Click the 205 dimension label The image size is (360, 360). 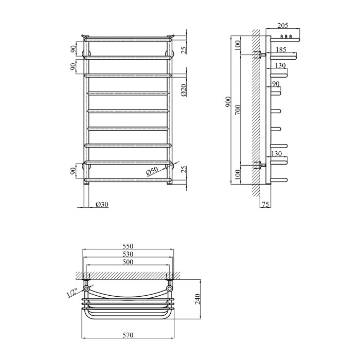click(283, 25)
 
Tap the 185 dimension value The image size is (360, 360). click(281, 49)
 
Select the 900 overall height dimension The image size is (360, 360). click(228, 102)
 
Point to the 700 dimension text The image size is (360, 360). click(238, 110)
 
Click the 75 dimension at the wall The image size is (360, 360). click(265, 204)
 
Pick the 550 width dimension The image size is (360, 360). click(128, 246)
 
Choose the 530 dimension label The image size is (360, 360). click(128, 254)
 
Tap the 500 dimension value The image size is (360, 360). click(128, 262)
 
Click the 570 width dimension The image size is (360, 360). click(128, 335)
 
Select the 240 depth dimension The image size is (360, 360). click(197, 299)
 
